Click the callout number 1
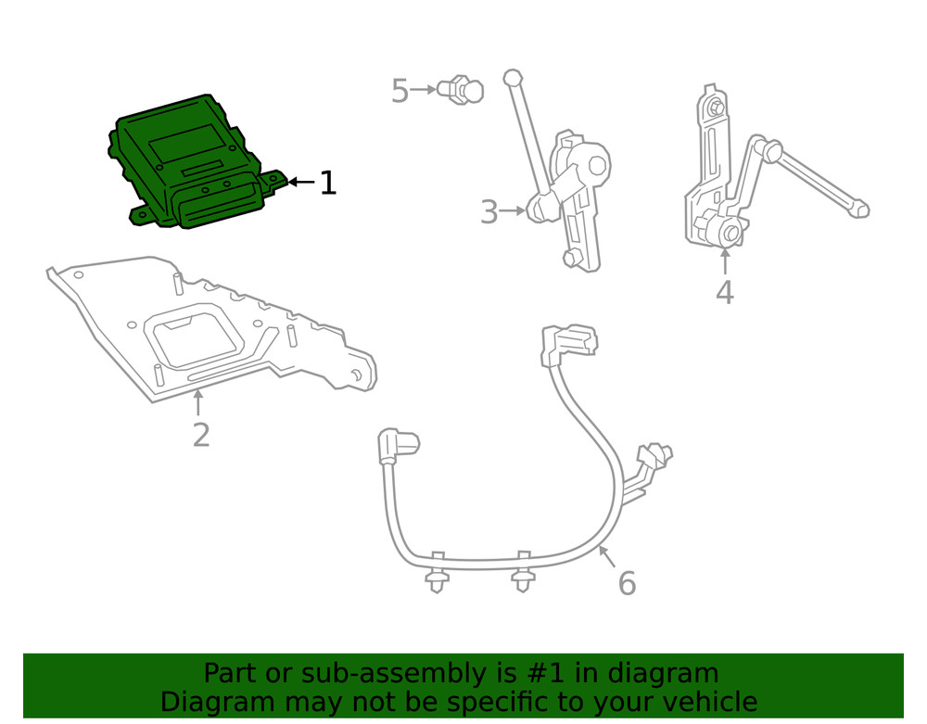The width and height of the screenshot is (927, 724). [x=327, y=183]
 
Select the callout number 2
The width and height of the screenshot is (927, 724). [x=201, y=434]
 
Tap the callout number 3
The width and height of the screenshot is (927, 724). [x=489, y=212]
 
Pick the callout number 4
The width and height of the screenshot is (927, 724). [x=725, y=292]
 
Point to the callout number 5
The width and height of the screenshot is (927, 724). [x=400, y=91]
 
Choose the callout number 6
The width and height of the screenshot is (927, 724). [x=627, y=584]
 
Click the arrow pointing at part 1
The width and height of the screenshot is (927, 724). [x=301, y=183]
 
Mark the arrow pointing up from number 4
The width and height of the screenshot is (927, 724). [x=725, y=261]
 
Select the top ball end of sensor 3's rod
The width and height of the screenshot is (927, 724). [x=511, y=77]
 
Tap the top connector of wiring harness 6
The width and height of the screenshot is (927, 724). [x=567, y=340]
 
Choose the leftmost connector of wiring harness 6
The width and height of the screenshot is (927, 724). [x=397, y=445]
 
